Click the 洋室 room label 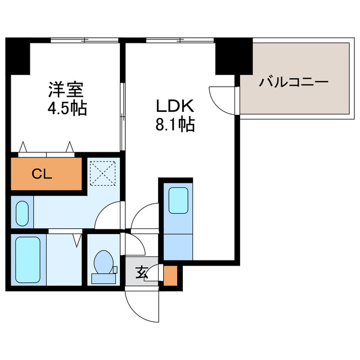(x=66, y=89)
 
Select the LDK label (x=174, y=105)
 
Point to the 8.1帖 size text (x=174, y=124)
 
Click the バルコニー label (x=294, y=83)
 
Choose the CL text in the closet (x=41, y=174)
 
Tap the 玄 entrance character (x=141, y=274)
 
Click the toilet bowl (x=103, y=262)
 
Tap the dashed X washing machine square (x=103, y=173)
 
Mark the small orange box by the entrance (x=171, y=275)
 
